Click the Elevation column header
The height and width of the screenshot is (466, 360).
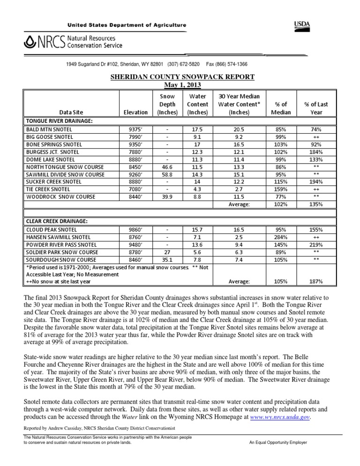135,112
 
